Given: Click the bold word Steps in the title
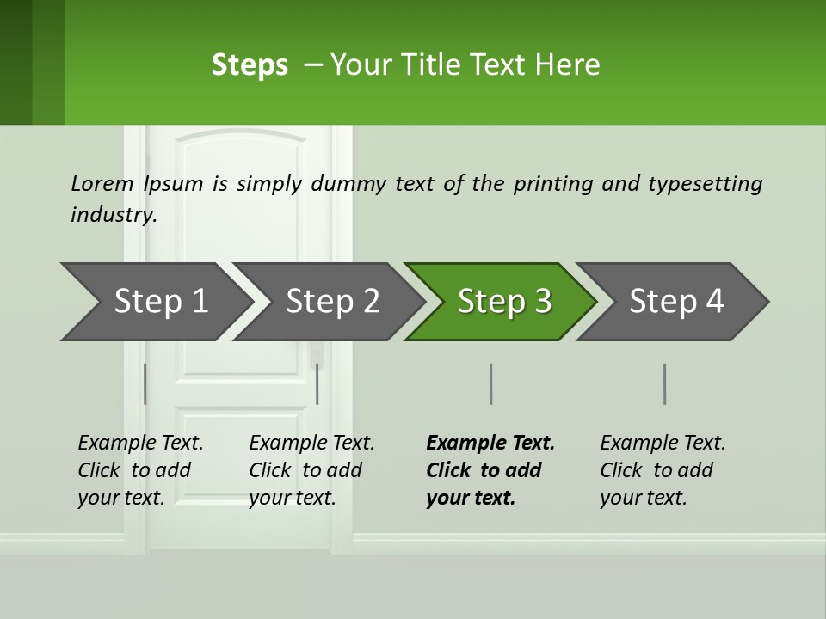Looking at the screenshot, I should [250, 65].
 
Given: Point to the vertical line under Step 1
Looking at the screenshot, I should [145, 383].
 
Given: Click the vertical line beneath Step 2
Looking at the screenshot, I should [317, 383].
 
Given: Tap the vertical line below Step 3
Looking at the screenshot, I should [490, 383].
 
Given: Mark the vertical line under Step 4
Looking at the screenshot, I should [664, 383].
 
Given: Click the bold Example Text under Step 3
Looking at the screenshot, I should [490, 444].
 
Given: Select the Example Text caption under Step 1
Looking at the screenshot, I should [140, 444].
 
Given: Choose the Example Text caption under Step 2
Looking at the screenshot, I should [311, 444].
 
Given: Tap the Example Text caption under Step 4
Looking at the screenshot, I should [663, 444].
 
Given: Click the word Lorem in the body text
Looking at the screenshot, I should [102, 184].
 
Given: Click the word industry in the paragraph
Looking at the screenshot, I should [113, 215].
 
